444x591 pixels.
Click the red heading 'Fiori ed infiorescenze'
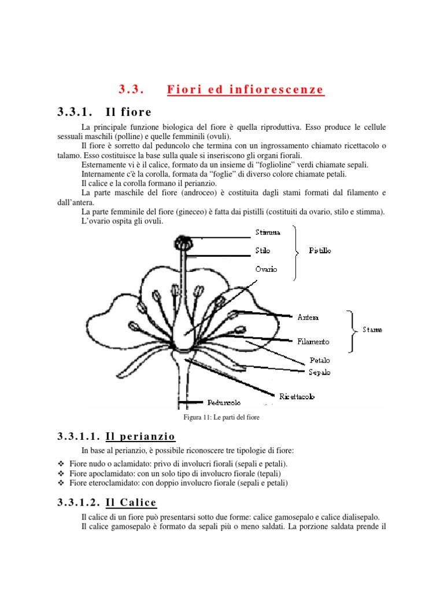pos(245,89)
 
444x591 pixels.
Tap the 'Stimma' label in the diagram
pos(268,233)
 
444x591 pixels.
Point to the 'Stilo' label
pos(262,251)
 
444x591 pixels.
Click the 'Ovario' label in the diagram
pos(266,269)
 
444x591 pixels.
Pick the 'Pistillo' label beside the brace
pos(320,252)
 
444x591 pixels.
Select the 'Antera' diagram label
pos(308,317)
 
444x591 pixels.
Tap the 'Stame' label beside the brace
pos(372,330)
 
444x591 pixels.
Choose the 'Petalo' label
pos(319,360)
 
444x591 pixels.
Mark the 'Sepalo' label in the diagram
pos(319,372)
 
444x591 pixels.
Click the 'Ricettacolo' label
pos(297,397)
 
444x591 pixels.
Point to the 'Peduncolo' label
pos(224,402)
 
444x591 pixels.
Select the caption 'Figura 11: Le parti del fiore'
pos(221,417)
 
